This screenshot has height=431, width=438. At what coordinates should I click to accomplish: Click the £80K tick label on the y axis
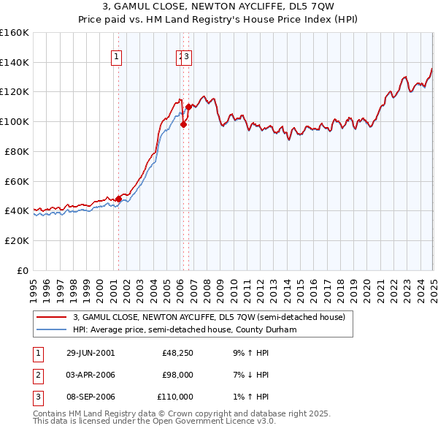pyautogui.click(x=15, y=151)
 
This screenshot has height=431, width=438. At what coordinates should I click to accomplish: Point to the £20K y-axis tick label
pyautogui.click(x=15, y=240)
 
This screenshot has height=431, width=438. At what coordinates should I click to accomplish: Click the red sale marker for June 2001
pyautogui.click(x=118, y=198)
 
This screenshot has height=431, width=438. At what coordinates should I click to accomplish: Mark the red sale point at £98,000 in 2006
pyautogui.click(x=183, y=124)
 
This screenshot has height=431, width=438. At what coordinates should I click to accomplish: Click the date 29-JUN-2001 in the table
pyautogui.click(x=91, y=353)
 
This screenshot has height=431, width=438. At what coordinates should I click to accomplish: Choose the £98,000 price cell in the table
pyautogui.click(x=177, y=375)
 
